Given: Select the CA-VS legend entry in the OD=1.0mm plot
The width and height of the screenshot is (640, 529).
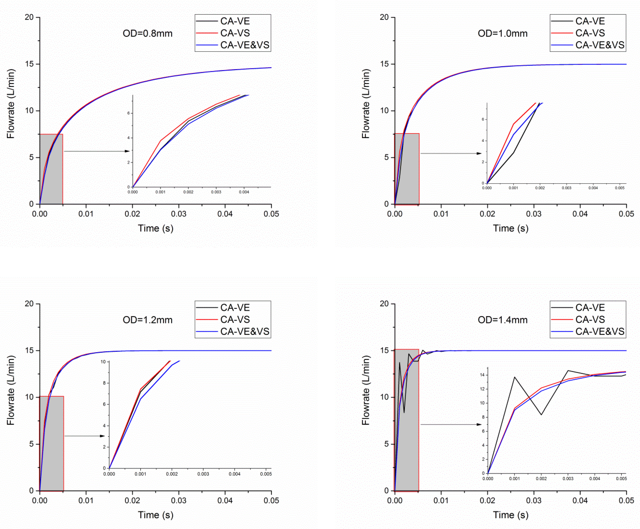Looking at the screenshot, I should pos(590,33).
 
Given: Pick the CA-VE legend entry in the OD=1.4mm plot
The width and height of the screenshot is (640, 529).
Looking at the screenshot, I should pos(590,307).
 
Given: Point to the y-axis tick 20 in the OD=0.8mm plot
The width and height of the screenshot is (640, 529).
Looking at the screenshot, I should pos(29,17).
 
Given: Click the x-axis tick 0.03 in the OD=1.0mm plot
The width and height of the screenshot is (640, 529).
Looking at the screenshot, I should pos(534,214).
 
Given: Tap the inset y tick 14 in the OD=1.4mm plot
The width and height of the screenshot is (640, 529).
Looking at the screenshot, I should pos(483,375).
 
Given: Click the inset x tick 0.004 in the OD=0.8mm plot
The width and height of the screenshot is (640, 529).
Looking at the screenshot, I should pos(244,192).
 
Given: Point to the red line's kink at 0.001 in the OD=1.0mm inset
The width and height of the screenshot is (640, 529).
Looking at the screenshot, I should pos(514,124).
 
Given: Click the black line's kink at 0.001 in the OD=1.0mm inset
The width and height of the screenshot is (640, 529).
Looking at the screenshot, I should pos(514,152).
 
